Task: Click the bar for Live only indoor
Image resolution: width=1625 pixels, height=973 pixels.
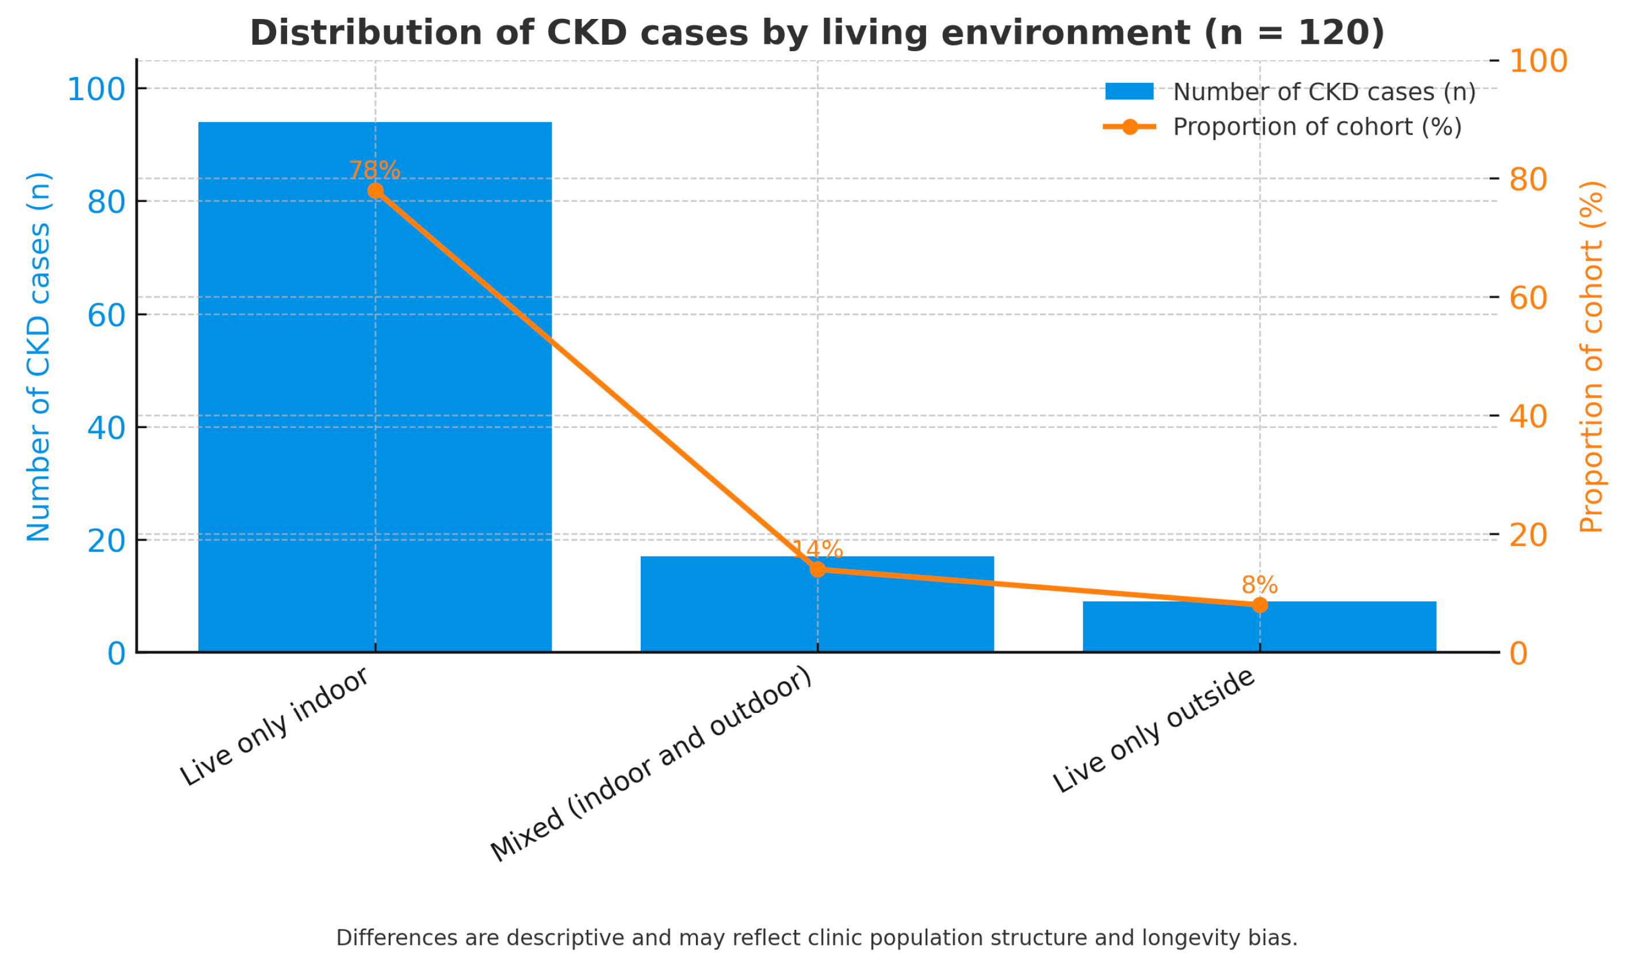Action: click(x=375, y=394)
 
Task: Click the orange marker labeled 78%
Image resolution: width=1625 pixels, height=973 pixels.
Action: click(x=376, y=191)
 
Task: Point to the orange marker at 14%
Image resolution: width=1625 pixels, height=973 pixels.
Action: click(x=817, y=569)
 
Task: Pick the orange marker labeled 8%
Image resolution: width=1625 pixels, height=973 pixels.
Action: click(x=1259, y=605)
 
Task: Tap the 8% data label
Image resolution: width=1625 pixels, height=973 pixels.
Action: click(x=1259, y=585)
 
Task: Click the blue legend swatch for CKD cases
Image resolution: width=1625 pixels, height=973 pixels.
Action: click(x=1129, y=91)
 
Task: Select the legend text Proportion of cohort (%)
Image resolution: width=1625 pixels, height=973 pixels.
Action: click(x=1317, y=127)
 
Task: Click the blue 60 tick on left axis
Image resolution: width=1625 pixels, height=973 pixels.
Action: click(x=106, y=315)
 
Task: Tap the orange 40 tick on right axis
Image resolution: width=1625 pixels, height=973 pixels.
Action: click(x=1528, y=417)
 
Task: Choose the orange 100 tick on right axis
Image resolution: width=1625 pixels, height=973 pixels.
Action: click(x=1538, y=61)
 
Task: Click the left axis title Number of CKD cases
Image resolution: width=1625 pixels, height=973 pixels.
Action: click(x=39, y=357)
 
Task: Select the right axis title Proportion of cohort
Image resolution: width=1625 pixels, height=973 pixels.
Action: click(x=1591, y=357)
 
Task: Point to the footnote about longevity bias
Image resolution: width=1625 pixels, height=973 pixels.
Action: click(x=816, y=937)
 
